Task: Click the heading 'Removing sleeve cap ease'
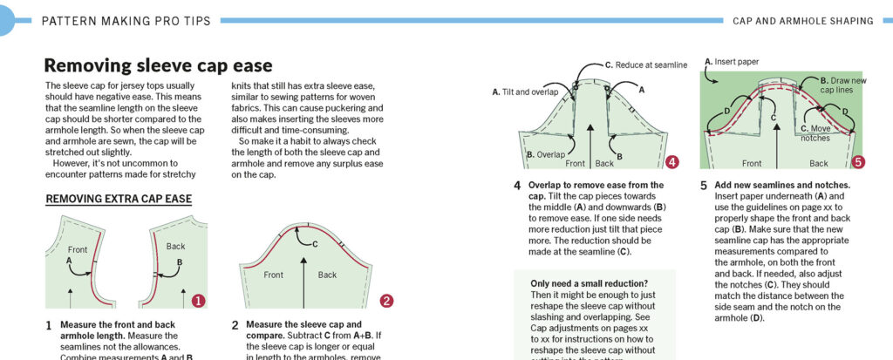pyautogui.click(x=158, y=65)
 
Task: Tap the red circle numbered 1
pyautogui.click(x=198, y=301)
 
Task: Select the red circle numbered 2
pyautogui.click(x=386, y=301)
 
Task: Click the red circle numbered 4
pyautogui.click(x=671, y=162)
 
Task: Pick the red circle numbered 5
pyautogui.click(x=858, y=162)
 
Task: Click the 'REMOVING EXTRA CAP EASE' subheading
pyautogui.click(x=118, y=199)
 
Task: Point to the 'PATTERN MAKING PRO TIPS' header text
pyautogui.click(x=119, y=19)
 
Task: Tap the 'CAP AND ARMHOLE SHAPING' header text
pyautogui.click(x=803, y=19)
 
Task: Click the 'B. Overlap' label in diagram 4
pyautogui.click(x=522, y=153)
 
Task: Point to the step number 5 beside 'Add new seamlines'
pyautogui.click(x=703, y=186)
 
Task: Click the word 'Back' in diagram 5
pyautogui.click(x=818, y=163)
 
